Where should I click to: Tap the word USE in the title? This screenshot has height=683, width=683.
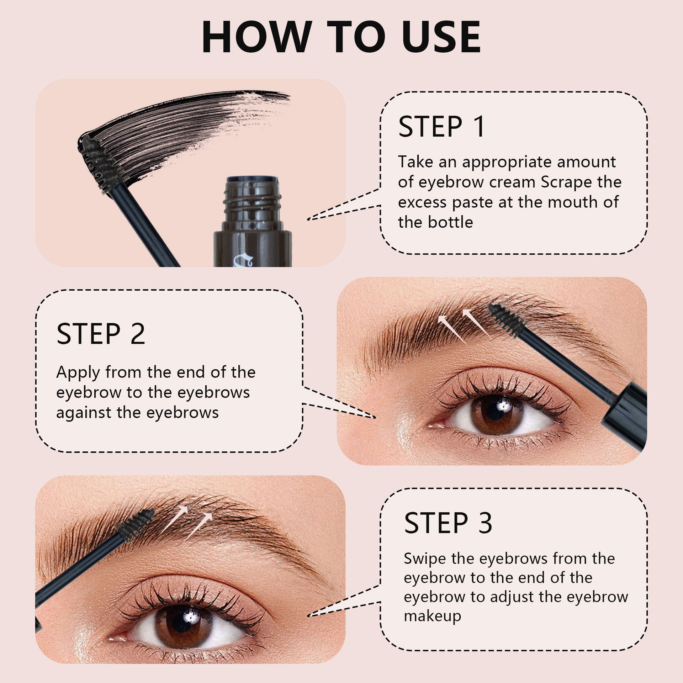[x=441, y=37]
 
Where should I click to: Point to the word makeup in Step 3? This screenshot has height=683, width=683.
[x=432, y=616]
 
